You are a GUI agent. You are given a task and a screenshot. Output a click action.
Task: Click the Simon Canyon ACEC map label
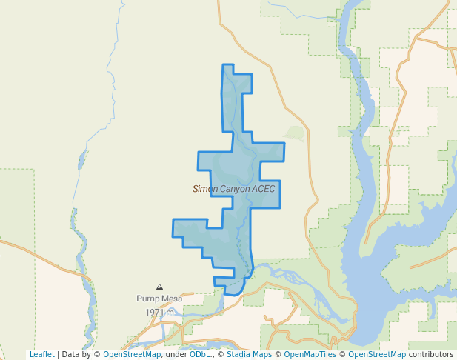pyautogui.click(x=233, y=189)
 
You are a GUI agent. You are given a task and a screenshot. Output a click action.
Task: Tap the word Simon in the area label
pyautogui.click(x=205, y=189)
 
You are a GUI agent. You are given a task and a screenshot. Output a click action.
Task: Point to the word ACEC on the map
pyautogui.click(x=263, y=189)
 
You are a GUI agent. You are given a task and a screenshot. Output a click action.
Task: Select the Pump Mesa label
pyautogui.click(x=159, y=299)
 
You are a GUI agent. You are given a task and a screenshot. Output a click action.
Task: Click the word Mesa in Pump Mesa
pyautogui.click(x=171, y=299)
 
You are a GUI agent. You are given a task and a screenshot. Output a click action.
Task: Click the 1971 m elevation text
pyautogui.click(x=159, y=313)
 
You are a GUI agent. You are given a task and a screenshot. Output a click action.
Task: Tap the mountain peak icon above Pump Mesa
pyautogui.click(x=159, y=287)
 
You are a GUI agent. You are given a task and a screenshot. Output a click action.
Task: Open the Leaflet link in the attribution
pyautogui.click(x=42, y=354)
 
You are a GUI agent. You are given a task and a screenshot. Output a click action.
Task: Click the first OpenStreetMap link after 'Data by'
pyautogui.click(x=132, y=354)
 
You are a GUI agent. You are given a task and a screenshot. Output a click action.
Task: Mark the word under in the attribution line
pyautogui.click(x=176, y=354)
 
